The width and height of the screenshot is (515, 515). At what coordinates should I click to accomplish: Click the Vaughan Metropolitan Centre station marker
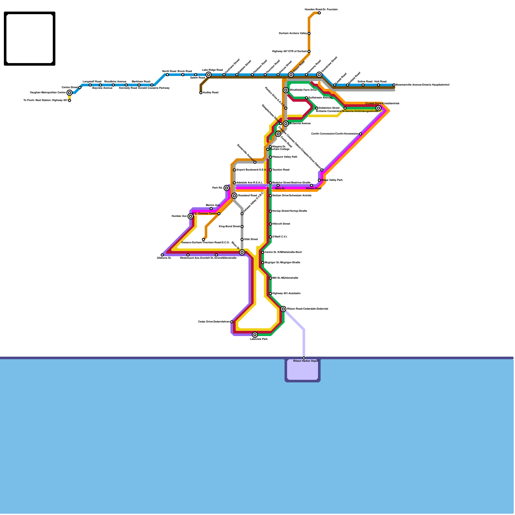70,93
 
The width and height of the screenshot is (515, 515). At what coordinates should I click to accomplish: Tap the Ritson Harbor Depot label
305,361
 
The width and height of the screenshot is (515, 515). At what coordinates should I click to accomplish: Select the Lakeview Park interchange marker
255,335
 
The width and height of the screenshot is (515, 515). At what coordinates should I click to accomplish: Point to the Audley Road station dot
201,93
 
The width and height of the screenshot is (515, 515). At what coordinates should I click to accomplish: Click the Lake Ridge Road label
212,70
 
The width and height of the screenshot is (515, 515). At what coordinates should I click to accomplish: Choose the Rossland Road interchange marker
234,196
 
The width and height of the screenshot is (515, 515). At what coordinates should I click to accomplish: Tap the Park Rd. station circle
227,188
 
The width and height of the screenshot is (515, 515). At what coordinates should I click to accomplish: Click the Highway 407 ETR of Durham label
289,51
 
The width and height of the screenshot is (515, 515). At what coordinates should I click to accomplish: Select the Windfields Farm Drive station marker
286,90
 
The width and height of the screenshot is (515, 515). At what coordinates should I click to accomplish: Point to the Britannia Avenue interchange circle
286,124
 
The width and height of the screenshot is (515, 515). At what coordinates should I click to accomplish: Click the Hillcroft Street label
281,224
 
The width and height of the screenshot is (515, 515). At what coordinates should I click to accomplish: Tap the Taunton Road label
281,170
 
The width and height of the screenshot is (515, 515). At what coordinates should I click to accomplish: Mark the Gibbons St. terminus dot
162,255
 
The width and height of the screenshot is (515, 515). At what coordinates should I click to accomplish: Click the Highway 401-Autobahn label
286,294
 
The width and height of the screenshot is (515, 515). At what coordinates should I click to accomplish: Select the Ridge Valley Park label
332,180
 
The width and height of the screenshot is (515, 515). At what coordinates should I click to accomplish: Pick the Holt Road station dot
379,85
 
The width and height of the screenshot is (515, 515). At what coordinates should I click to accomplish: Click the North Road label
169,71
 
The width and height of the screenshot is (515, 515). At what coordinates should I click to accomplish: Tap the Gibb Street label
251,239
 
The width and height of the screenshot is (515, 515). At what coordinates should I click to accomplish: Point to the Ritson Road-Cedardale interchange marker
283,309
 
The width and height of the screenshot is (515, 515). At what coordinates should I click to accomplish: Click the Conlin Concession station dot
360,134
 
